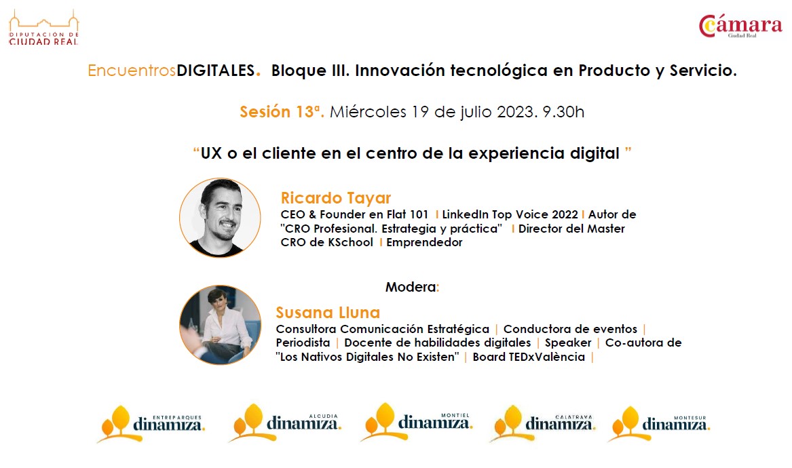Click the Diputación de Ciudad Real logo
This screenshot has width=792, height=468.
point(44,28)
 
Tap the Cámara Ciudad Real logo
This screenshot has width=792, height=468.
point(740,26)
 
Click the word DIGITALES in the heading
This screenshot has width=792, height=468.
point(216,70)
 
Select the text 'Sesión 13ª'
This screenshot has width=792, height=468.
point(282,111)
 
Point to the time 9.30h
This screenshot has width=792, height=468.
point(563,111)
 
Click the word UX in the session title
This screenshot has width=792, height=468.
point(211,153)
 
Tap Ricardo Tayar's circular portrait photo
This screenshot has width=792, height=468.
point(220,218)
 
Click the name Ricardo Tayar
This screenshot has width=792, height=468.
point(336,197)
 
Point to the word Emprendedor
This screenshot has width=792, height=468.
point(424,242)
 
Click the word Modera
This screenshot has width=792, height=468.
point(411,287)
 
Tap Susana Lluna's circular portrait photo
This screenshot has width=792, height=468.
point(220,325)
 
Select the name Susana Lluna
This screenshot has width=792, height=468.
point(328,313)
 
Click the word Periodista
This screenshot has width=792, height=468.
point(303,343)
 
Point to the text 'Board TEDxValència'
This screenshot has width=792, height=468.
point(528,357)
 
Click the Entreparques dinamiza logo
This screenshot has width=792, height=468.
point(151,424)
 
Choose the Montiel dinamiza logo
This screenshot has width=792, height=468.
point(416,422)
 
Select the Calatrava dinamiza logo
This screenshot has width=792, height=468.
point(542,423)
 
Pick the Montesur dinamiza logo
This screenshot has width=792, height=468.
point(659,424)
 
